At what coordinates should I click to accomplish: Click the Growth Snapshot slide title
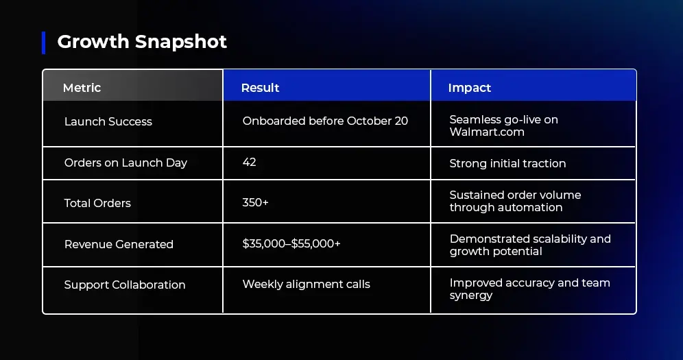[x=142, y=42]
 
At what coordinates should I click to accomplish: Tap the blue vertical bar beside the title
[x=44, y=43]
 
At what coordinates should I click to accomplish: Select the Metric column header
[x=82, y=88]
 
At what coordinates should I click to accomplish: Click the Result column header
[x=260, y=88]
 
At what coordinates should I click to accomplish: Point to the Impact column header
[x=470, y=88]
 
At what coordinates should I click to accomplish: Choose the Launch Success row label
[x=108, y=121]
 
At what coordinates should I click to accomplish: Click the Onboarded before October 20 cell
[x=325, y=121]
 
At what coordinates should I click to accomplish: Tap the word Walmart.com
[x=487, y=132]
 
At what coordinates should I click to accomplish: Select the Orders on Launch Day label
[x=126, y=163]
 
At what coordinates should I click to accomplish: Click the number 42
[x=249, y=162]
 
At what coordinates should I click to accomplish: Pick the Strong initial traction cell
[x=507, y=163]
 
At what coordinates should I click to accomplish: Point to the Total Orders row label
[x=97, y=203]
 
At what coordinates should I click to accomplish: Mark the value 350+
[x=255, y=202]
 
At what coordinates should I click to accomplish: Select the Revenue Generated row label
[x=119, y=244]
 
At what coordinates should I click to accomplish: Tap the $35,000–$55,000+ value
[x=291, y=243]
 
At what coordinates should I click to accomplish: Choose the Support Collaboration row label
[x=125, y=285]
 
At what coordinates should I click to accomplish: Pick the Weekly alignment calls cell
[x=307, y=285]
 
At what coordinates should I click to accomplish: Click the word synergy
[x=471, y=295]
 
